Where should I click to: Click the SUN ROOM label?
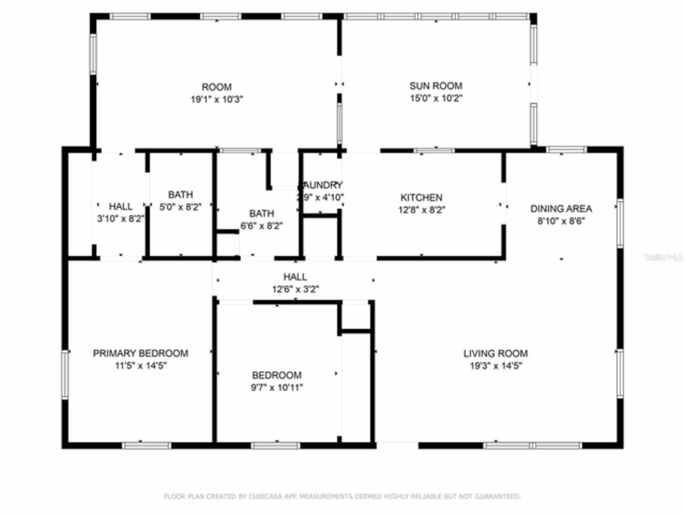pyautogui.click(x=436, y=86)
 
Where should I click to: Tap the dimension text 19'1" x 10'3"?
pyautogui.click(x=217, y=99)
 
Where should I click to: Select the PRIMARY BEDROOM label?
pyautogui.click(x=140, y=353)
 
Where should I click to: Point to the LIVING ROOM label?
pyautogui.click(x=495, y=353)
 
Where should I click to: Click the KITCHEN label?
pyautogui.click(x=421, y=198)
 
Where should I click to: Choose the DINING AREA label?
pyautogui.click(x=561, y=209)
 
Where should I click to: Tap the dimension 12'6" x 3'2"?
pyautogui.click(x=295, y=290)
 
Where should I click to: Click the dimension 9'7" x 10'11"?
pyautogui.click(x=277, y=388)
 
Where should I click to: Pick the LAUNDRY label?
pyautogui.click(x=321, y=185)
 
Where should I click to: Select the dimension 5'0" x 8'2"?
pyautogui.click(x=180, y=207)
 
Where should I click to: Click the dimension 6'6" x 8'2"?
pyautogui.click(x=261, y=226)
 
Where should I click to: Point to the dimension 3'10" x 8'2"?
pyautogui.click(x=120, y=218)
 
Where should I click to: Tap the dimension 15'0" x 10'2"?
pyautogui.click(x=436, y=99)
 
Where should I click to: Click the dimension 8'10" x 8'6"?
pyautogui.click(x=561, y=221)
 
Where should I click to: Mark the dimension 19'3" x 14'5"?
pyautogui.click(x=495, y=366)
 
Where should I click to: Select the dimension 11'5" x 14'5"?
pyautogui.click(x=140, y=366)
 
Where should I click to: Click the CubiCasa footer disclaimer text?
pyautogui.click(x=342, y=496)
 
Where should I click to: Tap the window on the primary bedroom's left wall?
pyautogui.click(x=65, y=374)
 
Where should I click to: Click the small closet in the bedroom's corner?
pyautogui.click(x=355, y=316)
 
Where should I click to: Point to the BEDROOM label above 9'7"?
pyautogui.click(x=277, y=375)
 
